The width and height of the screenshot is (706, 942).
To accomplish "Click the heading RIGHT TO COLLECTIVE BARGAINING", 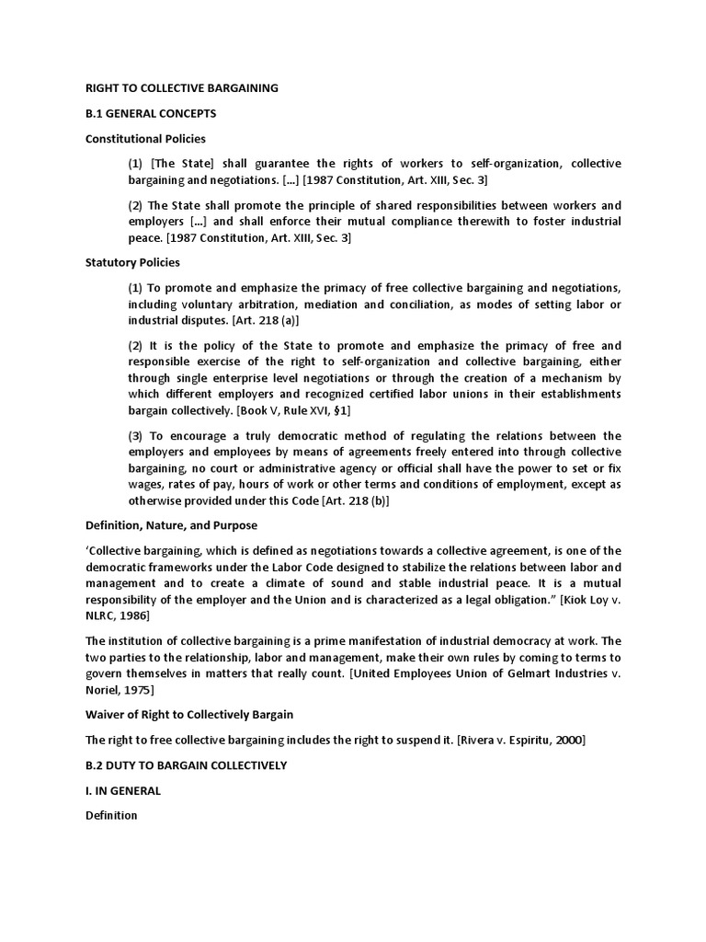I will [x=181, y=88].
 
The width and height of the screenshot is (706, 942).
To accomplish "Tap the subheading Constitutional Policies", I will [x=145, y=138].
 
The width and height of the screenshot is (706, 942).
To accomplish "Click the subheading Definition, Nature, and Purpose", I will [x=171, y=525].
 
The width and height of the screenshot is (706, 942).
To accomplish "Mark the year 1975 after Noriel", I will [x=137, y=690].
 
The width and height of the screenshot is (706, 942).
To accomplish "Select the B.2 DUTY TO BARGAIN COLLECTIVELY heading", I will [x=186, y=765].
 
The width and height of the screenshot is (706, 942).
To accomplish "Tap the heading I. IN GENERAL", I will [x=123, y=790].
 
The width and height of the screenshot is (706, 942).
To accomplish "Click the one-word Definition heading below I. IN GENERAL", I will [x=111, y=815].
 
